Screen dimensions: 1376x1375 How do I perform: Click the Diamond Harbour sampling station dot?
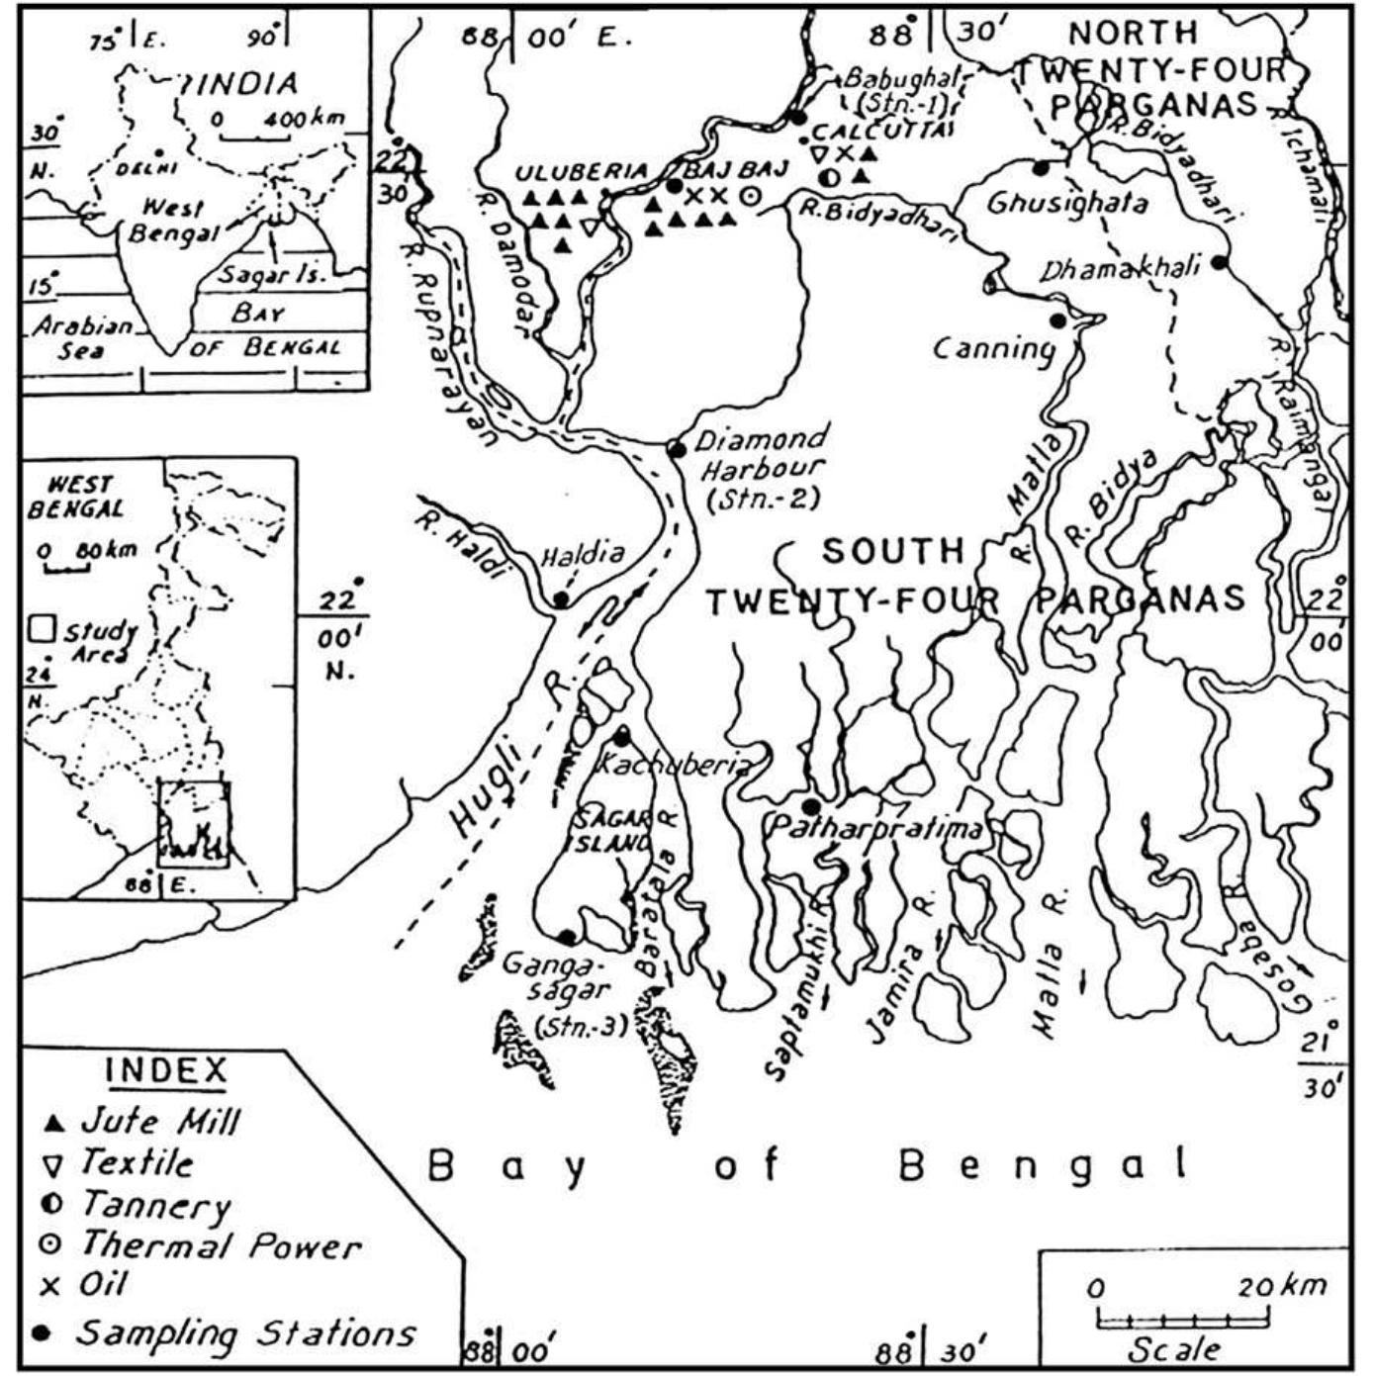[677, 450]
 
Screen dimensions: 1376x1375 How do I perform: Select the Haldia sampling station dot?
[561, 599]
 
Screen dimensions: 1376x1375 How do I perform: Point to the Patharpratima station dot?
[811, 806]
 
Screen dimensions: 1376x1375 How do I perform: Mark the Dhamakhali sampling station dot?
[1220, 262]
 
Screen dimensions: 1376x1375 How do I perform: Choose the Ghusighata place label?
[1067, 204]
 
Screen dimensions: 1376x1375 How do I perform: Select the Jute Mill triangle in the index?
[54, 1124]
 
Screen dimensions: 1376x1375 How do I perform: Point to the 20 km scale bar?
[1182, 1319]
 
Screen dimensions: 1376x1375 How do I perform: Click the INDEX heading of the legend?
[166, 1070]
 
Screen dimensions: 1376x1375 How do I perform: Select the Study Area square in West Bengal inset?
[41, 630]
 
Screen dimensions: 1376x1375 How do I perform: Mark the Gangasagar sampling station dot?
[567, 936]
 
